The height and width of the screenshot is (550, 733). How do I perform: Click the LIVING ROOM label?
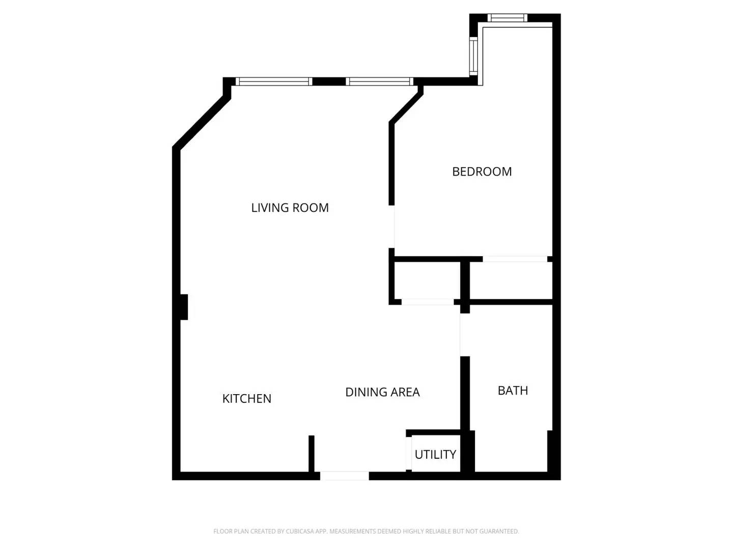[x=290, y=208]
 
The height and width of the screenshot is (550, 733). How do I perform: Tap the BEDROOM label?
[x=482, y=172]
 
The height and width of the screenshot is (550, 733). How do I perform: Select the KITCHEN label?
[x=246, y=398]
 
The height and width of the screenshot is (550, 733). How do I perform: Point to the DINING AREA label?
[x=382, y=392]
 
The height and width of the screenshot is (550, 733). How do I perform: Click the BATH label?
[x=513, y=391]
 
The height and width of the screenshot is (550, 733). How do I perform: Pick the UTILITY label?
[x=435, y=454]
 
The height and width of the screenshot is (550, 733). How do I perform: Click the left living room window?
[x=274, y=81]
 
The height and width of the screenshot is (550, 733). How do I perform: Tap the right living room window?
[x=379, y=81]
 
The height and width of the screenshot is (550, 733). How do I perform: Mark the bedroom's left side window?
[x=473, y=56]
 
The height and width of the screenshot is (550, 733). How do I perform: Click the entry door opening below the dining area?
[x=344, y=476]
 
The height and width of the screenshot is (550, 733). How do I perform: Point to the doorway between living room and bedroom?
[x=392, y=227]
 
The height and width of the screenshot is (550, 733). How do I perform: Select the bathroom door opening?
[x=464, y=335]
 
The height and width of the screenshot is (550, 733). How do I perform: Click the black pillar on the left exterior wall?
[x=184, y=307]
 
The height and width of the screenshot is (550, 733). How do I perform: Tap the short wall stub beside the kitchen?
[x=311, y=453]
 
